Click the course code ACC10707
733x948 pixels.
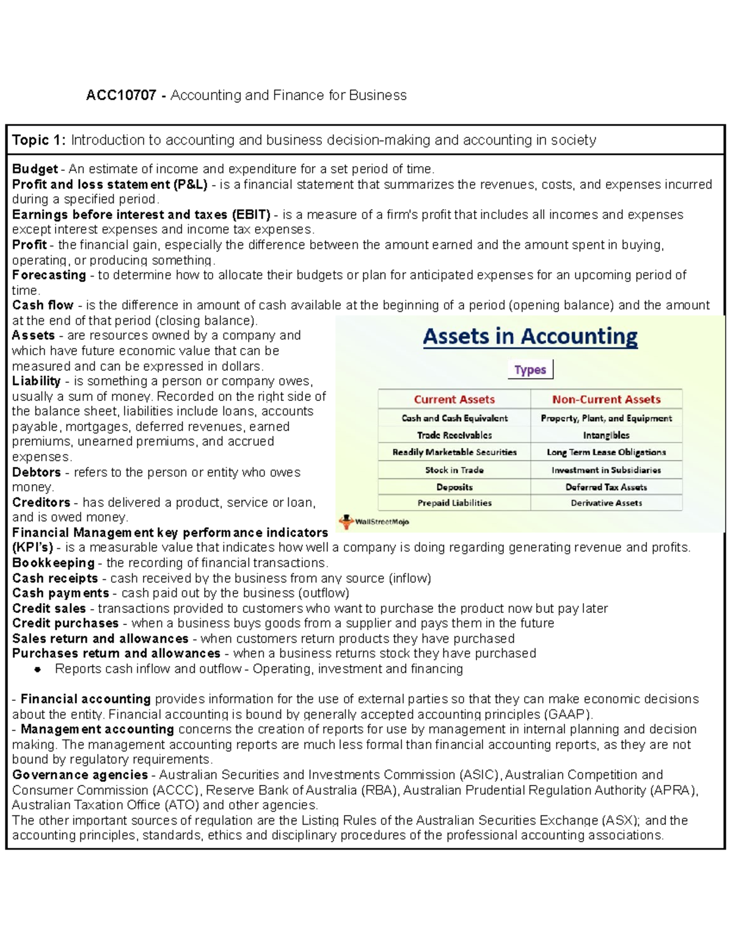point(120,95)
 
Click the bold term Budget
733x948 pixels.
point(35,169)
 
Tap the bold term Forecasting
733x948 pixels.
point(49,275)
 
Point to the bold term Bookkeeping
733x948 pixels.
point(53,563)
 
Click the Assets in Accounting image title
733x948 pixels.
point(530,337)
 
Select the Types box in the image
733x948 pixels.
point(530,370)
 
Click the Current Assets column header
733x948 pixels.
point(454,400)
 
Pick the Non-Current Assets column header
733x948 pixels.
point(606,400)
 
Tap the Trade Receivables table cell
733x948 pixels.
point(454,435)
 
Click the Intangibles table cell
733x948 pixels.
point(606,435)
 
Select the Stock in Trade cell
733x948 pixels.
point(454,470)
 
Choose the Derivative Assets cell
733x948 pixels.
point(606,503)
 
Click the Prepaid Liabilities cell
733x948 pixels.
point(454,503)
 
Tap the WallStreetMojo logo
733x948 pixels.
point(374,522)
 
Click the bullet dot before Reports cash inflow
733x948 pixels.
point(38,670)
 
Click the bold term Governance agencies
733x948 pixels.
point(79,775)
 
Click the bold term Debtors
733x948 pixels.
point(36,472)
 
